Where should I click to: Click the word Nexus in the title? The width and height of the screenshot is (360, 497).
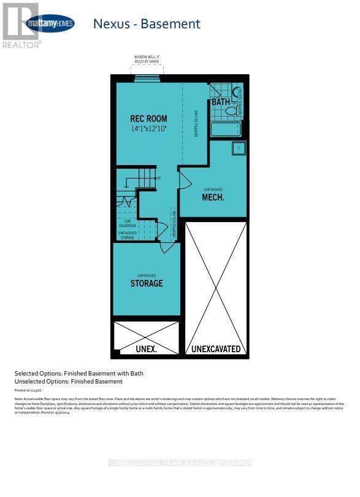coord(111,24)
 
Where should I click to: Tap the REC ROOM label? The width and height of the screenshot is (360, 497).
coord(148,118)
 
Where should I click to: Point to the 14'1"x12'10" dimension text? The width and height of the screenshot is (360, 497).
coord(148,129)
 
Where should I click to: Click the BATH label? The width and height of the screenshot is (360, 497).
coord(220,102)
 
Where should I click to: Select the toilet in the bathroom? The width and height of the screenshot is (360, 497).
coord(231,111)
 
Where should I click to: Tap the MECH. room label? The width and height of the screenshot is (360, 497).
coord(213,198)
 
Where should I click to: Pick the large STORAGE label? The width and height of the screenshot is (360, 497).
coord(147,283)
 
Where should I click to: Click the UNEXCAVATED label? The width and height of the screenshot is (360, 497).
coord(216,349)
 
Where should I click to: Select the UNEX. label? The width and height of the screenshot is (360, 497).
coord(146,349)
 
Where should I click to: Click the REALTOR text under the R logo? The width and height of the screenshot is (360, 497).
coord(21,44)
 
